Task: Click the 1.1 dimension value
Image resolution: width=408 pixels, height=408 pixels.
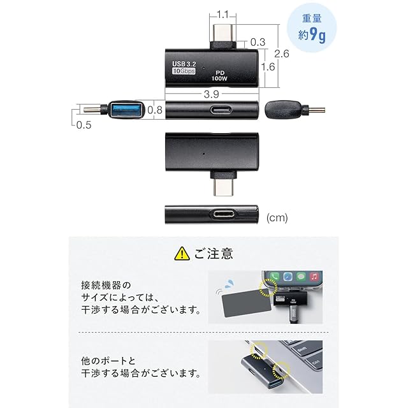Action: pos(223,13)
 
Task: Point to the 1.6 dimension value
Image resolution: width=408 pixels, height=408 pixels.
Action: pos(268,66)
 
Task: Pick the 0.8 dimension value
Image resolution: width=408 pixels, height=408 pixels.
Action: pos(155,110)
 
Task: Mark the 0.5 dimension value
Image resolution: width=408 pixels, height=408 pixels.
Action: pos(84,125)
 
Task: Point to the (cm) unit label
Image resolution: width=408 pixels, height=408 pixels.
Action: pos(277,218)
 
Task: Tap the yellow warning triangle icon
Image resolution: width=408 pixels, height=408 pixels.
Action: pos(182,254)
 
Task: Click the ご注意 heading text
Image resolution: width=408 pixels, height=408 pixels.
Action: pos(214,254)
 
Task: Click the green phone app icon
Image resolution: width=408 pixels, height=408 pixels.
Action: pos(273,278)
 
